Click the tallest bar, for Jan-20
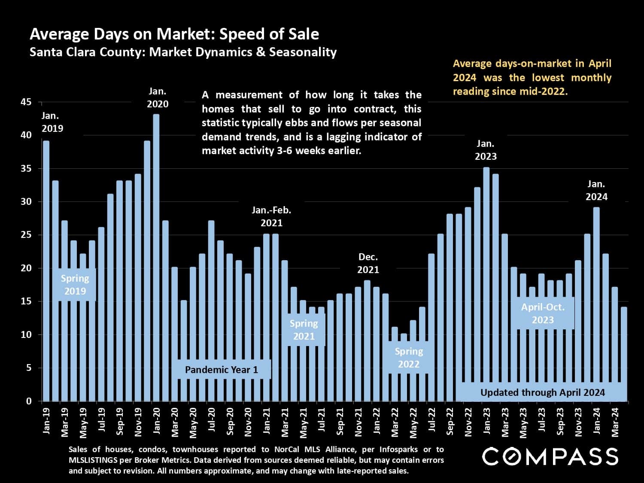[x=156, y=258]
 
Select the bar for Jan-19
[x=46, y=270]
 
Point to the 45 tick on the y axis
[x=26, y=102]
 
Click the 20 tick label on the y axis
[x=26, y=268]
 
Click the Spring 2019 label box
[x=75, y=285]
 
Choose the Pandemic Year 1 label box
[x=222, y=370]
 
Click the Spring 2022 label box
[x=409, y=358]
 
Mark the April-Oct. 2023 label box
[x=543, y=313]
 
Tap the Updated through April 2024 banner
[x=542, y=392]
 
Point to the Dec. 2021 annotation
[x=368, y=263]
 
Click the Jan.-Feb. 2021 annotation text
[x=271, y=216]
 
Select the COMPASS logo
[x=550, y=456]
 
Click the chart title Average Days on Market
[x=174, y=34]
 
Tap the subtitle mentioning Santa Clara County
[x=183, y=52]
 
